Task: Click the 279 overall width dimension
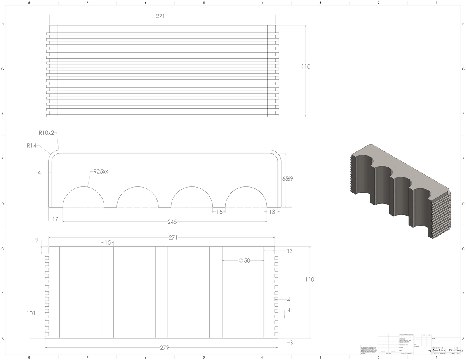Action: (x=164, y=348)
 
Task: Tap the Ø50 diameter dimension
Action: (x=244, y=260)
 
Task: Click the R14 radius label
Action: (x=32, y=146)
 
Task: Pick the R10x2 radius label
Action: (x=47, y=133)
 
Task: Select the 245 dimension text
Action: (x=172, y=222)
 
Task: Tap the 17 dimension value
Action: (x=55, y=219)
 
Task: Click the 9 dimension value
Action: (x=37, y=240)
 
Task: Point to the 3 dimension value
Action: (x=291, y=342)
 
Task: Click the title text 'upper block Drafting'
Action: (x=445, y=351)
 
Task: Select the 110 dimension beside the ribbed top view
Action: (x=306, y=67)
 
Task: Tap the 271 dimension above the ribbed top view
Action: (x=161, y=16)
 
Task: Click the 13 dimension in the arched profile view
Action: (x=271, y=212)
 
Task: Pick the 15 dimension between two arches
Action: (x=219, y=212)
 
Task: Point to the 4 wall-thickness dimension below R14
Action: (x=39, y=172)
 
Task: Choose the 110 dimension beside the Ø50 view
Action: (x=310, y=279)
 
